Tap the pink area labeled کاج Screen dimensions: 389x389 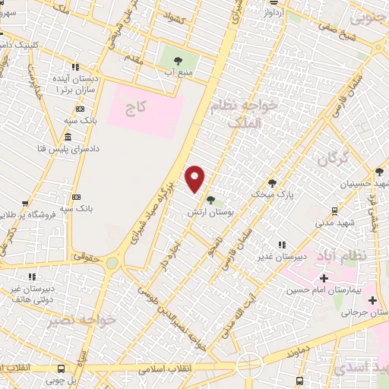point(145,111)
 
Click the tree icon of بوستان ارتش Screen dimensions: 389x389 point(210,201)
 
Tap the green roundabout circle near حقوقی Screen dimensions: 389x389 point(112,263)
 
